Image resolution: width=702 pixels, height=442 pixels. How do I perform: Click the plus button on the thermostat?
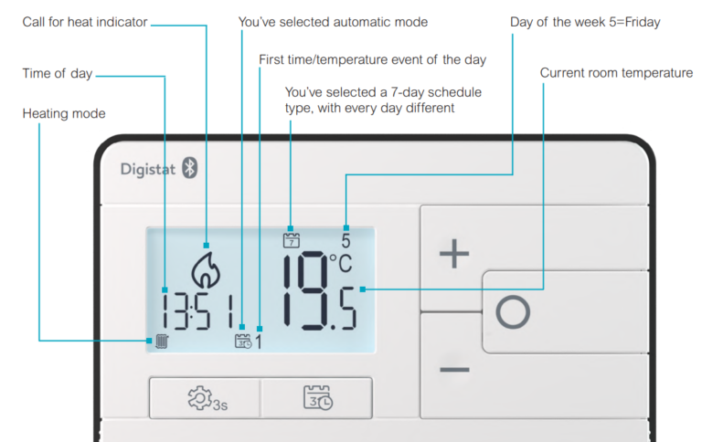[453, 255]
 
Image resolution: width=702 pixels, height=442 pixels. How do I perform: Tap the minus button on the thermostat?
[453, 370]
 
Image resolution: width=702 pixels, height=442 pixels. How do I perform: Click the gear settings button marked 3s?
[205, 398]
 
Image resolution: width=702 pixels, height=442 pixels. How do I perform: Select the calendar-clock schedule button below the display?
[317, 398]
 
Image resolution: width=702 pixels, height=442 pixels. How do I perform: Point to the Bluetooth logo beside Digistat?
[190, 168]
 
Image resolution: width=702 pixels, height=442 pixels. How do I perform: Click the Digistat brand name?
[148, 169]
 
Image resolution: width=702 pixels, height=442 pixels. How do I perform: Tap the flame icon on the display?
[206, 269]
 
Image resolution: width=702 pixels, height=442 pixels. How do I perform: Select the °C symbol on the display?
[340, 264]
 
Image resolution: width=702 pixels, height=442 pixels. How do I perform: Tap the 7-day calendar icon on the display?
[291, 241]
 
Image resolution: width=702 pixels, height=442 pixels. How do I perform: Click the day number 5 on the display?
[346, 242]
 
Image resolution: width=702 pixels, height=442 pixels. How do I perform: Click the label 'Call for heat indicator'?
[84, 22]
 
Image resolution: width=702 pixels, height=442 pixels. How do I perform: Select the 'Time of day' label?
[58, 73]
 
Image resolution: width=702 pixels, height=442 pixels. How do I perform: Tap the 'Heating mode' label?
[64, 113]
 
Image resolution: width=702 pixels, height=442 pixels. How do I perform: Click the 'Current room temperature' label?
[616, 73]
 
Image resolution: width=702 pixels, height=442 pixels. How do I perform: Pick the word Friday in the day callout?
[639, 22]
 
